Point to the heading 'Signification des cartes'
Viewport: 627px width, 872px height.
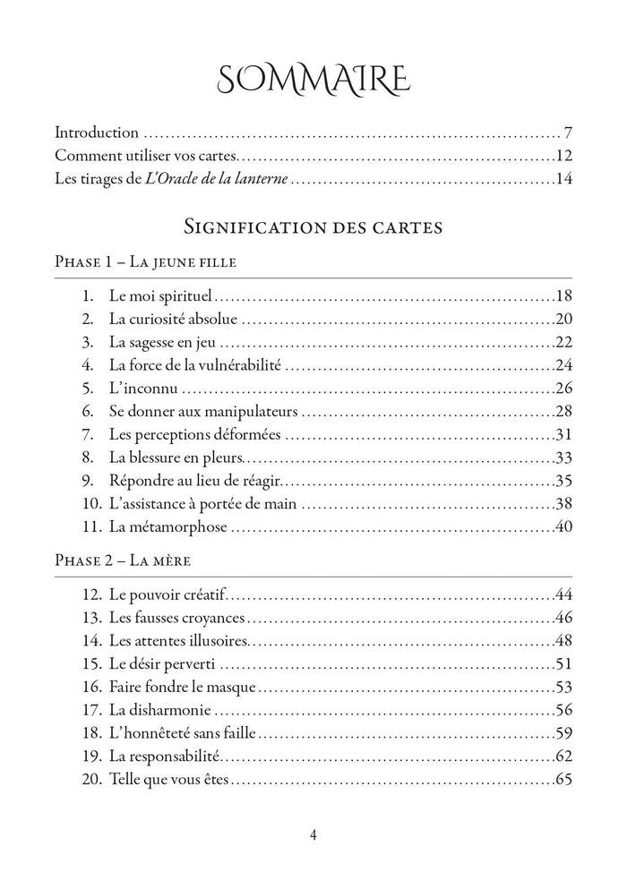coord(313,227)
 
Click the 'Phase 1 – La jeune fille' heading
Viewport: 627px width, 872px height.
coord(145,262)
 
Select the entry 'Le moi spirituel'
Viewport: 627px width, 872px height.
coord(160,295)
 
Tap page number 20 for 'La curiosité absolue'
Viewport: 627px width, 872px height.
coord(563,319)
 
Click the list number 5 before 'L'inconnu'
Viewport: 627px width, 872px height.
coord(87,389)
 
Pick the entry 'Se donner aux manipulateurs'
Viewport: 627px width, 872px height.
coord(203,412)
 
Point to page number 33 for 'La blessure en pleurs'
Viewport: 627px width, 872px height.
coord(563,458)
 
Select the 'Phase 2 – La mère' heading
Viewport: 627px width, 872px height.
coord(123,561)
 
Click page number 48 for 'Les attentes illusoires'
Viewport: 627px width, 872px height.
coord(563,641)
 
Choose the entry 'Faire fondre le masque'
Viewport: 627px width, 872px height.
coord(183,688)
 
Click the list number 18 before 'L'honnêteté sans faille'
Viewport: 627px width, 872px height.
coord(89,733)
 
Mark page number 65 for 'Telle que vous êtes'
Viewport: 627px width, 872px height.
coord(563,780)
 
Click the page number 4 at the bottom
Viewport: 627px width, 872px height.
coord(313,835)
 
